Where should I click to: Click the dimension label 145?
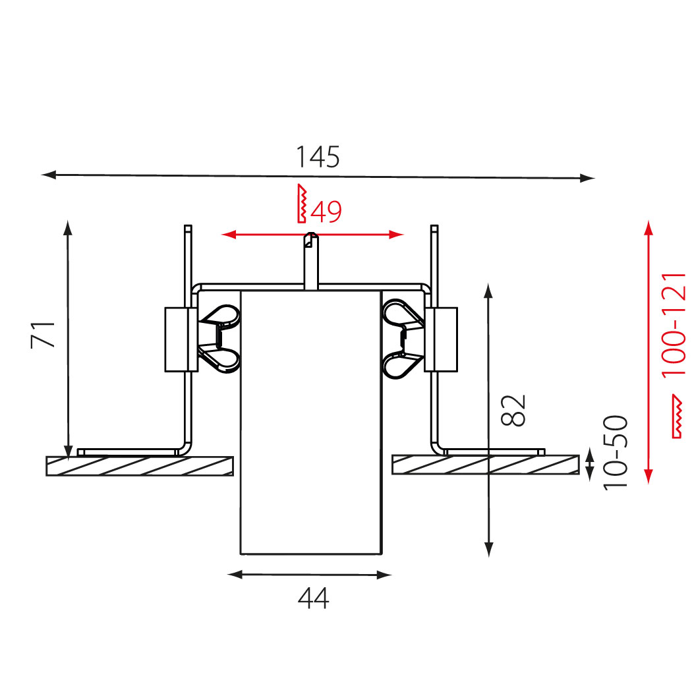[x=318, y=157]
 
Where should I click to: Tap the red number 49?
[x=326, y=212]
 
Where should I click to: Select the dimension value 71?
[x=43, y=335]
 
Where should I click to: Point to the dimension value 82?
[x=513, y=410]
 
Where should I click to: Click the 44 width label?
[x=313, y=598]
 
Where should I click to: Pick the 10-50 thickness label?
[x=615, y=452]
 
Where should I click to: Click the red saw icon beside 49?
[x=302, y=204]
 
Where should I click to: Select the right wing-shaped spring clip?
[x=403, y=339]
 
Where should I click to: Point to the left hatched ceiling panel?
[x=140, y=466]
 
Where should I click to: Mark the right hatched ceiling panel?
[x=486, y=465]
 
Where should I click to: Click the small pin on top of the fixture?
[x=311, y=261]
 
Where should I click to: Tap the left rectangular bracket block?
[x=181, y=339]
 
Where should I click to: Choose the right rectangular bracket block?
[x=441, y=339]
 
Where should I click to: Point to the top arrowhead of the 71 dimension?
[x=67, y=228]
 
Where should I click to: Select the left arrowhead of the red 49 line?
[x=229, y=235]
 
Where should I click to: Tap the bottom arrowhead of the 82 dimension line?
[x=488, y=550]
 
